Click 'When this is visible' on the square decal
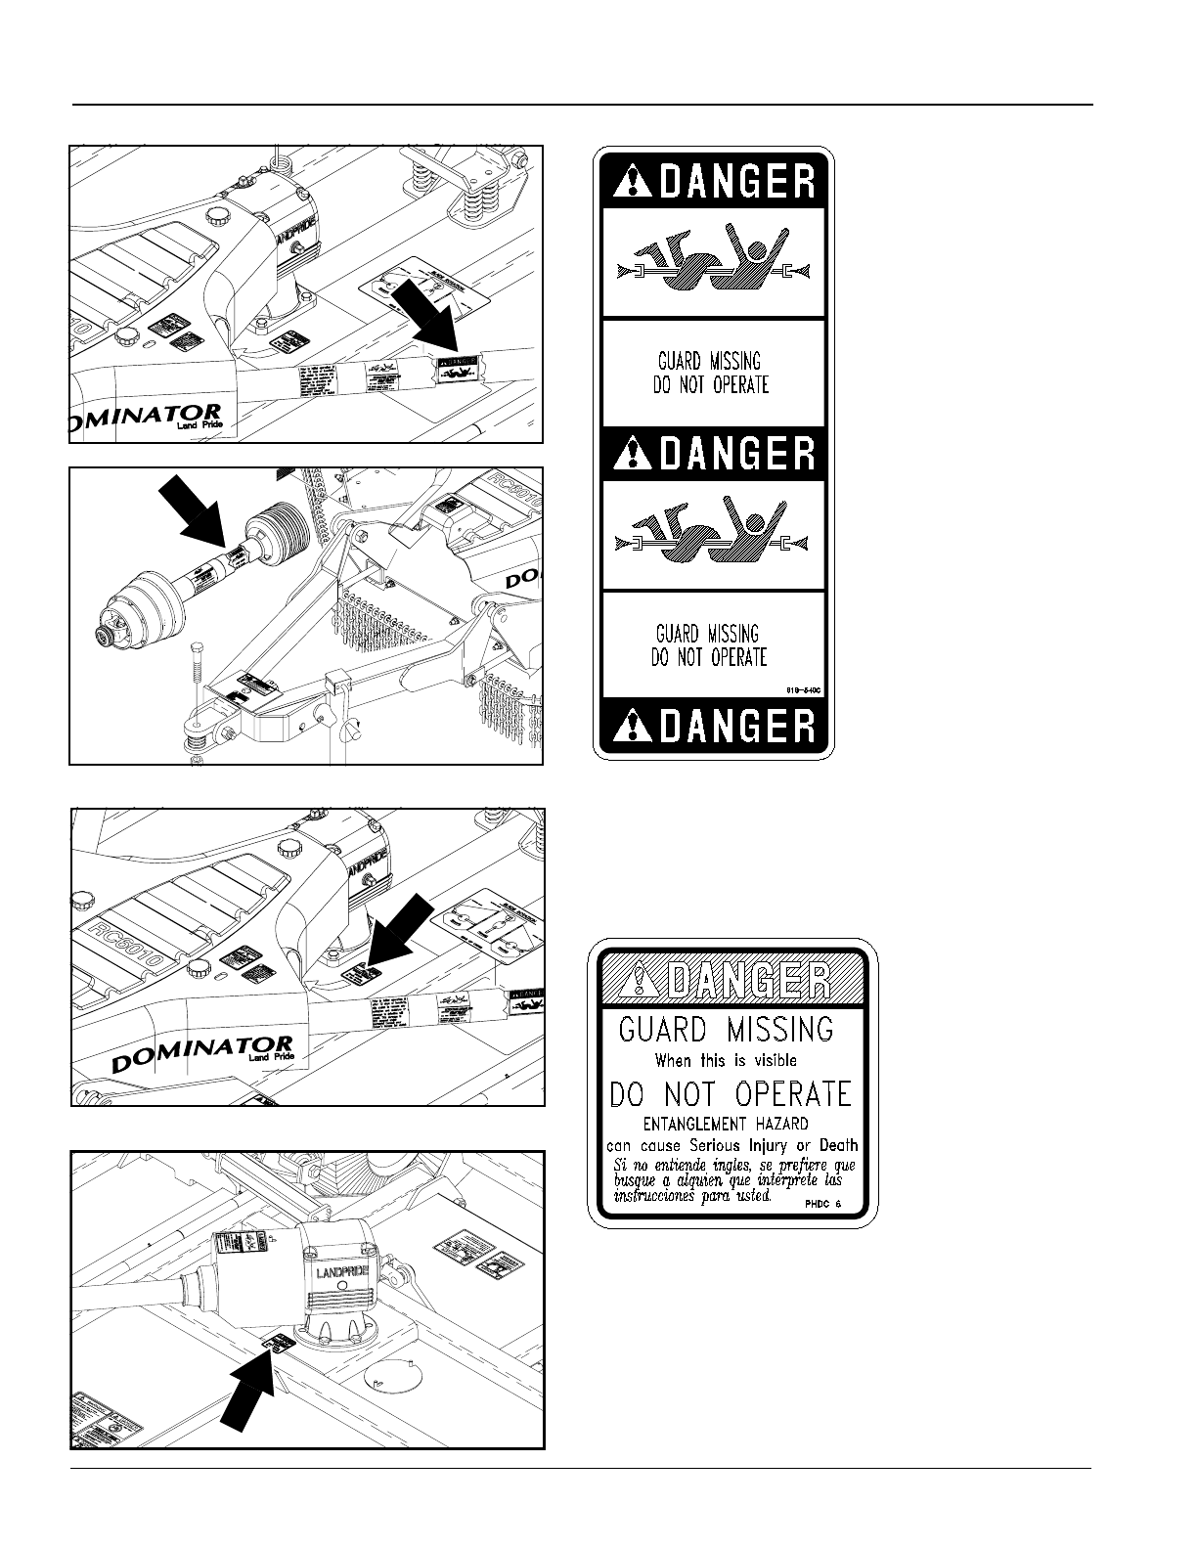coord(726,1060)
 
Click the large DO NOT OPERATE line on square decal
coord(731,1093)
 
